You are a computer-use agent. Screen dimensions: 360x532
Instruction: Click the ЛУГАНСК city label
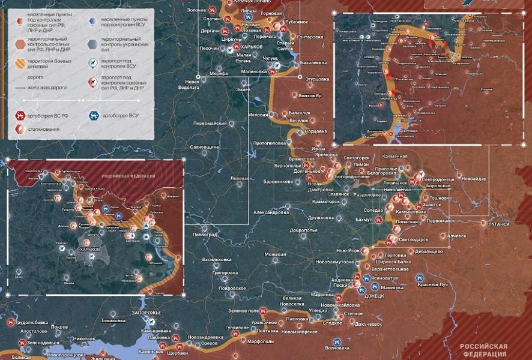click(497, 224)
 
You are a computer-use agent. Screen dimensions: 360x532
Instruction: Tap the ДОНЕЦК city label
click(374, 296)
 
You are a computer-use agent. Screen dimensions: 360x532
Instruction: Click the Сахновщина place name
click(205, 146)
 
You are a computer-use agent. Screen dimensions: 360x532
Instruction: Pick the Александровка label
click(270, 212)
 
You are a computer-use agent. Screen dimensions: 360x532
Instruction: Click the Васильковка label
click(217, 260)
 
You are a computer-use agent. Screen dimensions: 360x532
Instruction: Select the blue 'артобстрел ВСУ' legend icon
click(93, 115)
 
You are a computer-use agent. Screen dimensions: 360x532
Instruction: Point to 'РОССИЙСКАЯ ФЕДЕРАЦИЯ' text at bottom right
click(483, 350)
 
